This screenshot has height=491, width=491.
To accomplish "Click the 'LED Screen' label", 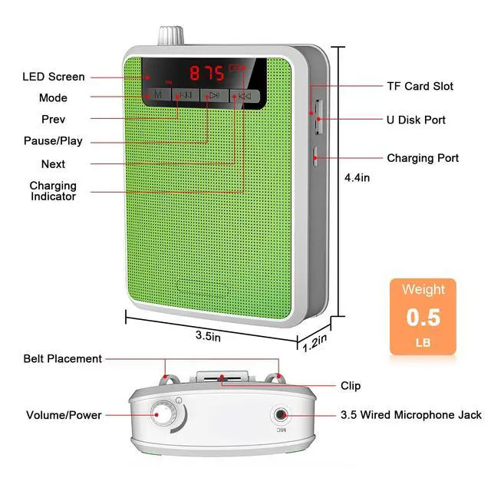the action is coord(54,77).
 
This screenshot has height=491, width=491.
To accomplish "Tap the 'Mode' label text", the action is coord(53,98).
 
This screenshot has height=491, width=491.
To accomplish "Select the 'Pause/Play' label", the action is coord(52,141).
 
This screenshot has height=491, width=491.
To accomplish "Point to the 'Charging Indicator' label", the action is coord(53,191).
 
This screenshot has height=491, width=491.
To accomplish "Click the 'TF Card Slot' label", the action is coord(420,86).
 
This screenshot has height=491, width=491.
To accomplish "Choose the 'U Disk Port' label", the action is coord(416,120).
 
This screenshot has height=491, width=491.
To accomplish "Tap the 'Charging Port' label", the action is coord(423,158).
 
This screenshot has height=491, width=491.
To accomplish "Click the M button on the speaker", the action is coord(157,96).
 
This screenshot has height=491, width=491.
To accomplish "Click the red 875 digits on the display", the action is coord(205,74).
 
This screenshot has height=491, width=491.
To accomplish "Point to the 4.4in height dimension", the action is coord(358,178).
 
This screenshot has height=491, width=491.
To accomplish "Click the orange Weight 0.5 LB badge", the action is coord(423,316).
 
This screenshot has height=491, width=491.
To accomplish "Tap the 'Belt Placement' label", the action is coord(62,358).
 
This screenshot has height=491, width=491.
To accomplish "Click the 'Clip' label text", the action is coord(351,385).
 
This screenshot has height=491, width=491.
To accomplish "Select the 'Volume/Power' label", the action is coord(64,415).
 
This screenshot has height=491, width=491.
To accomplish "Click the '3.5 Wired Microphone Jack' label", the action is coord(411,415).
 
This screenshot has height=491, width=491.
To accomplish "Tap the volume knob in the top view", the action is coord(164,415).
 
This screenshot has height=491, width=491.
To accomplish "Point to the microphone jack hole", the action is coord(282,415).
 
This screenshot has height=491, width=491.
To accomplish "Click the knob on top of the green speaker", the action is coord(168,36).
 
